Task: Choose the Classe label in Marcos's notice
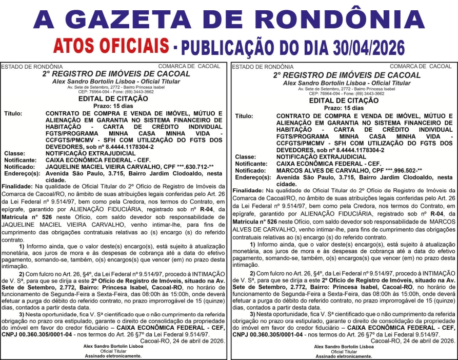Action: [x=246, y=156]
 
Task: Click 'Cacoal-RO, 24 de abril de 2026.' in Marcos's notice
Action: [x=412, y=340]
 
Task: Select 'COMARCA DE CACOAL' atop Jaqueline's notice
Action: [x=190, y=66]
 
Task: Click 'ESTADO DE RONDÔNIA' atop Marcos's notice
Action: [x=263, y=67]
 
